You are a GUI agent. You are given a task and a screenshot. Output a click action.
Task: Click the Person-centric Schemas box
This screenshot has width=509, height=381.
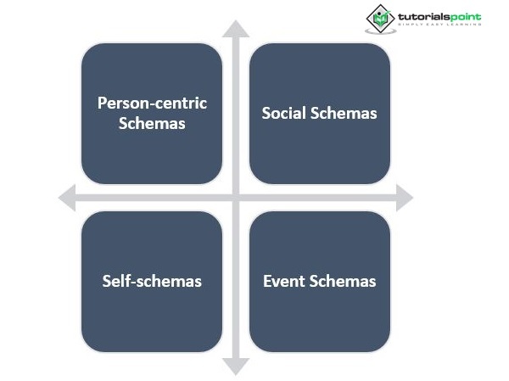(x=152, y=113)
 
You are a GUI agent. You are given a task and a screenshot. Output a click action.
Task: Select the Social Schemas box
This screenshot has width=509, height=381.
(x=319, y=113)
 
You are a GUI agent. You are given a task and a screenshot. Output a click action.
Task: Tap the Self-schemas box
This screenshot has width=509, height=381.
(x=152, y=281)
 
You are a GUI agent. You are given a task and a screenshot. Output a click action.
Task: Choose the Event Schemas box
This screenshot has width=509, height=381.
(x=319, y=281)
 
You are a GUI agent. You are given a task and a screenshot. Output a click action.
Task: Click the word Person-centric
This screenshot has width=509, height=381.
(x=152, y=104)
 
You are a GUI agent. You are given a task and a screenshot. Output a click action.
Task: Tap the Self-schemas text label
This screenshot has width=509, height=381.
(x=152, y=281)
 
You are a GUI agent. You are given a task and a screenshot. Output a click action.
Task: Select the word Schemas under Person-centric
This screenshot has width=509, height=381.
(x=152, y=123)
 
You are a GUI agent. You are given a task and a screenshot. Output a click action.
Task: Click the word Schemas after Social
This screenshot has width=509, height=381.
(x=344, y=113)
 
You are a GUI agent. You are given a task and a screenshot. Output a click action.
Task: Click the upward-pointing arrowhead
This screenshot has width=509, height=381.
(x=236, y=28)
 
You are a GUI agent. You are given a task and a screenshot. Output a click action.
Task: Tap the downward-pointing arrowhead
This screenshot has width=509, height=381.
(x=236, y=366)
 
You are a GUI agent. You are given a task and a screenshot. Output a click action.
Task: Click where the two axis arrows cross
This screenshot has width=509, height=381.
(x=236, y=198)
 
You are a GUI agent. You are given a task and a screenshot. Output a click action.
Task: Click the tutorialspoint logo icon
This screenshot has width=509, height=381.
(x=380, y=18)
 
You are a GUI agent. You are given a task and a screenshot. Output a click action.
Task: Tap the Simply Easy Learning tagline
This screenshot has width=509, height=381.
(x=439, y=25)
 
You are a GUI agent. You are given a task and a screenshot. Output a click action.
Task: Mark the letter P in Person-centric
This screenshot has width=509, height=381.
(x=102, y=104)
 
